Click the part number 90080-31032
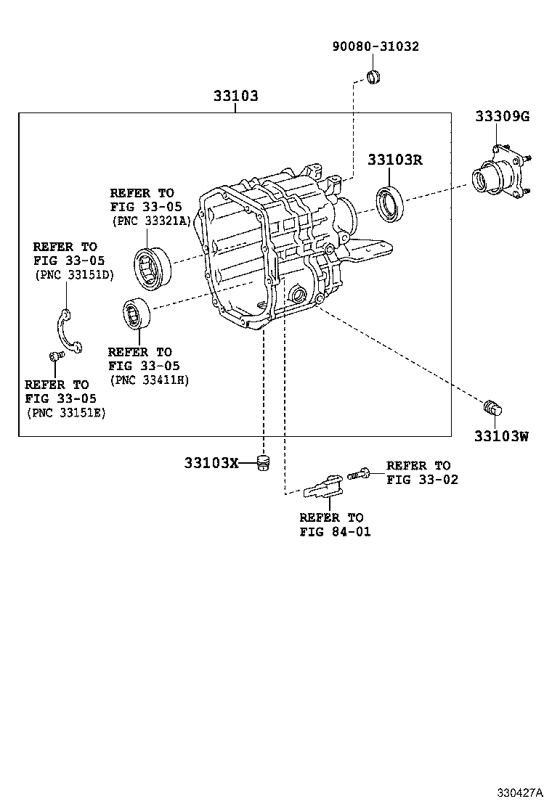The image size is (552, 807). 376,46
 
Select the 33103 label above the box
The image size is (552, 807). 235,96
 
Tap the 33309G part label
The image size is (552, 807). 502,115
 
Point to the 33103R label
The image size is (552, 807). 394,160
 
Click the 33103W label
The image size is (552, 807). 501,435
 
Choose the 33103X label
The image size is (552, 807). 211,462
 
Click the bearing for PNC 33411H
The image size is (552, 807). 137,314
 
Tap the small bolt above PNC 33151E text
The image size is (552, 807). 54,356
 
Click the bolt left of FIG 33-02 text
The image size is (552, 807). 359,474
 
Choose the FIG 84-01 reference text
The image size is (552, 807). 334,531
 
